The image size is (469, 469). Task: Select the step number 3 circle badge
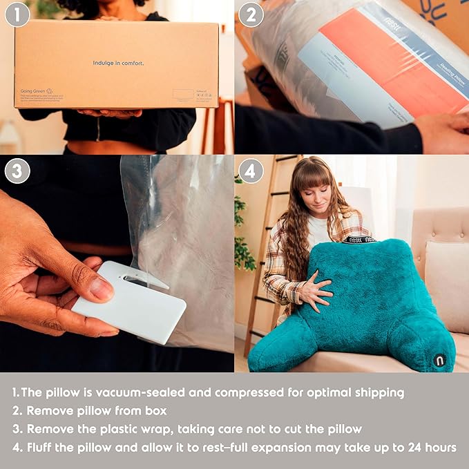(x=17, y=171)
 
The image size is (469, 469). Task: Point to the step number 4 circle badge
(x=251, y=171)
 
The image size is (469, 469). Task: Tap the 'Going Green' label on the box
(x=34, y=90)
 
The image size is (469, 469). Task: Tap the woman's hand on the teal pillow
(x=314, y=289)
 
